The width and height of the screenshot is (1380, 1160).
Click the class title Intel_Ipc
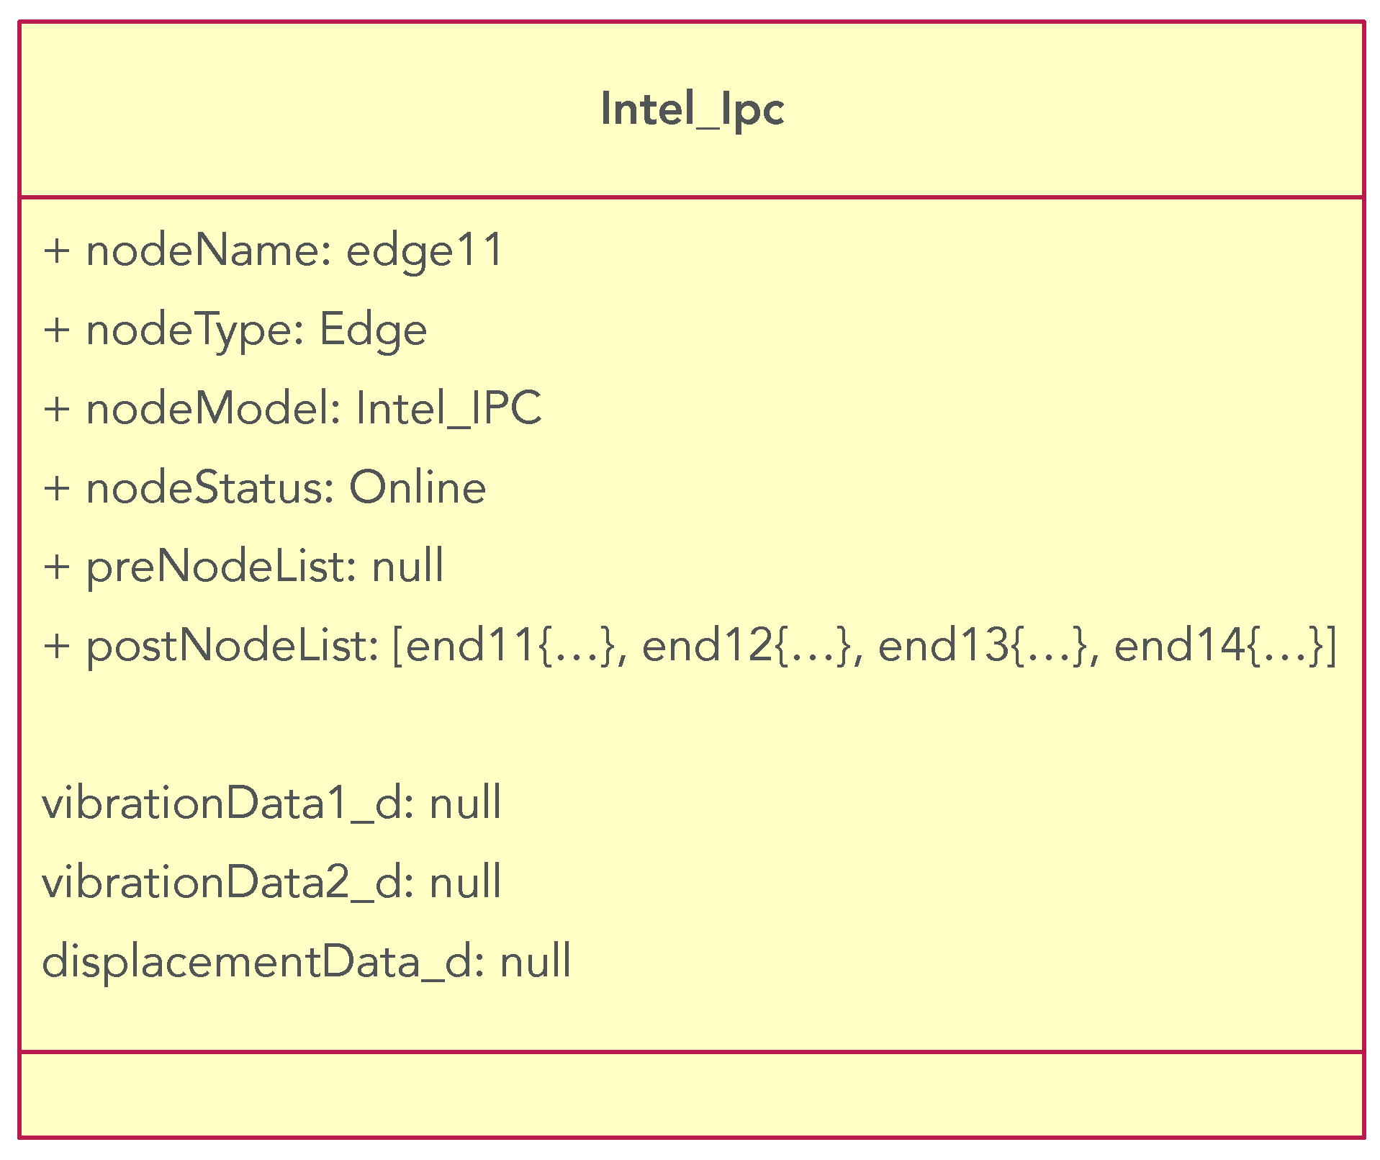point(692,109)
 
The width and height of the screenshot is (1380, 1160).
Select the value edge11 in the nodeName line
point(425,251)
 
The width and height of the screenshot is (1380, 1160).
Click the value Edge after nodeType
point(373,331)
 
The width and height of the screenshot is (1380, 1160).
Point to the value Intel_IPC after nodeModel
point(448,409)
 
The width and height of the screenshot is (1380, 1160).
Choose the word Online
point(418,488)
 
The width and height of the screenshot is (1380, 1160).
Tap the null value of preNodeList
point(407,567)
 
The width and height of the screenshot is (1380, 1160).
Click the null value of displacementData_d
point(536,961)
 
